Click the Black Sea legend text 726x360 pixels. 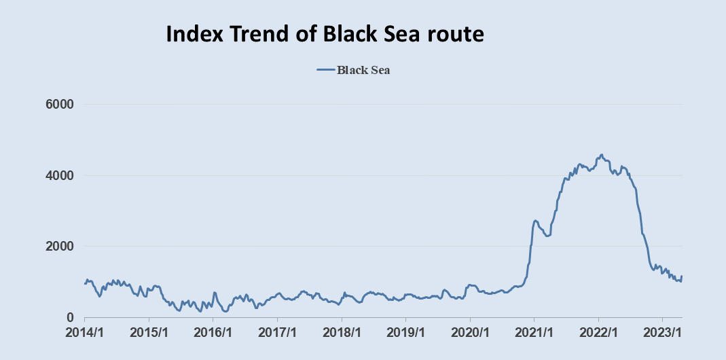click(363, 70)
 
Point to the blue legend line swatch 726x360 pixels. click(325, 70)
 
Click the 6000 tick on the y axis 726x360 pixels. click(60, 105)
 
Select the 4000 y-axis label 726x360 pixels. click(60, 176)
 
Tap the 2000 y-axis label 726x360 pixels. click(60, 247)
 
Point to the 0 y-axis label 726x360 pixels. click(70, 317)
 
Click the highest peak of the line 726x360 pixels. click(602, 155)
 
